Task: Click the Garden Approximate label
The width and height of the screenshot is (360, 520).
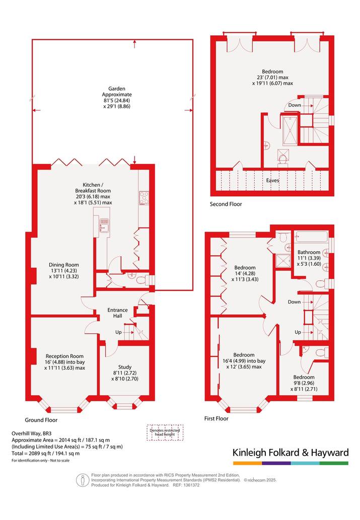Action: point(117,92)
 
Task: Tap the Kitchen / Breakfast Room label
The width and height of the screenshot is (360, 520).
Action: point(93,188)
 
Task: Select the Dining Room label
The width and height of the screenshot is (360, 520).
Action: point(64,265)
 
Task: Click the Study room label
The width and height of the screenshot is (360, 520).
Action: point(125,367)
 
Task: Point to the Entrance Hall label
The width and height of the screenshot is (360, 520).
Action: point(117,313)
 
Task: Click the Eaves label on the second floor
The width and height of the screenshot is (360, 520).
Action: point(273,180)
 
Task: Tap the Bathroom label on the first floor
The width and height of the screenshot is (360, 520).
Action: point(309,252)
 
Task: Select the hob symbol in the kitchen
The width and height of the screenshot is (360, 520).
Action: point(145,198)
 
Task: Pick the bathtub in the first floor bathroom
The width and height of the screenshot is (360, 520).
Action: point(311,238)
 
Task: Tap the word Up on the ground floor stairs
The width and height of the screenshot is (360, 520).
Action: point(118,332)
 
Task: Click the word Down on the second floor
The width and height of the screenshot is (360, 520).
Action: point(295,105)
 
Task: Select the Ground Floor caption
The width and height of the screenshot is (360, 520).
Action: point(41,420)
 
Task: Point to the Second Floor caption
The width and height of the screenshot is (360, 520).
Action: point(226,204)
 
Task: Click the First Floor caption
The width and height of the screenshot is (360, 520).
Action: point(217,418)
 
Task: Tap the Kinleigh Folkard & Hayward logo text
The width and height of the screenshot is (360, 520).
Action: point(291,453)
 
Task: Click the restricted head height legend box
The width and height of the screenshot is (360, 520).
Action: point(165,432)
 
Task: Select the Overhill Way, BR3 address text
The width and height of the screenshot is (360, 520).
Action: point(32,433)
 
